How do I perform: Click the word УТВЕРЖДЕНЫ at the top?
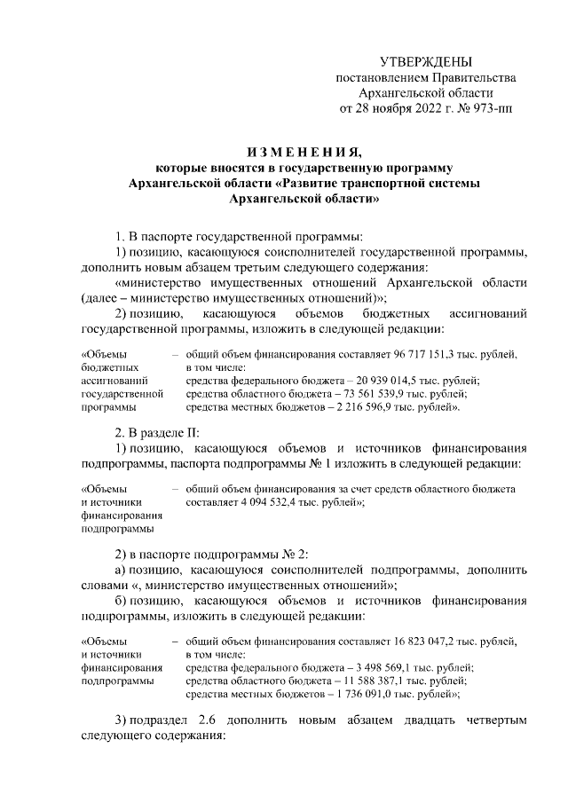[x=426, y=62]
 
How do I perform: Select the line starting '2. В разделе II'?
[x=156, y=432]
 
